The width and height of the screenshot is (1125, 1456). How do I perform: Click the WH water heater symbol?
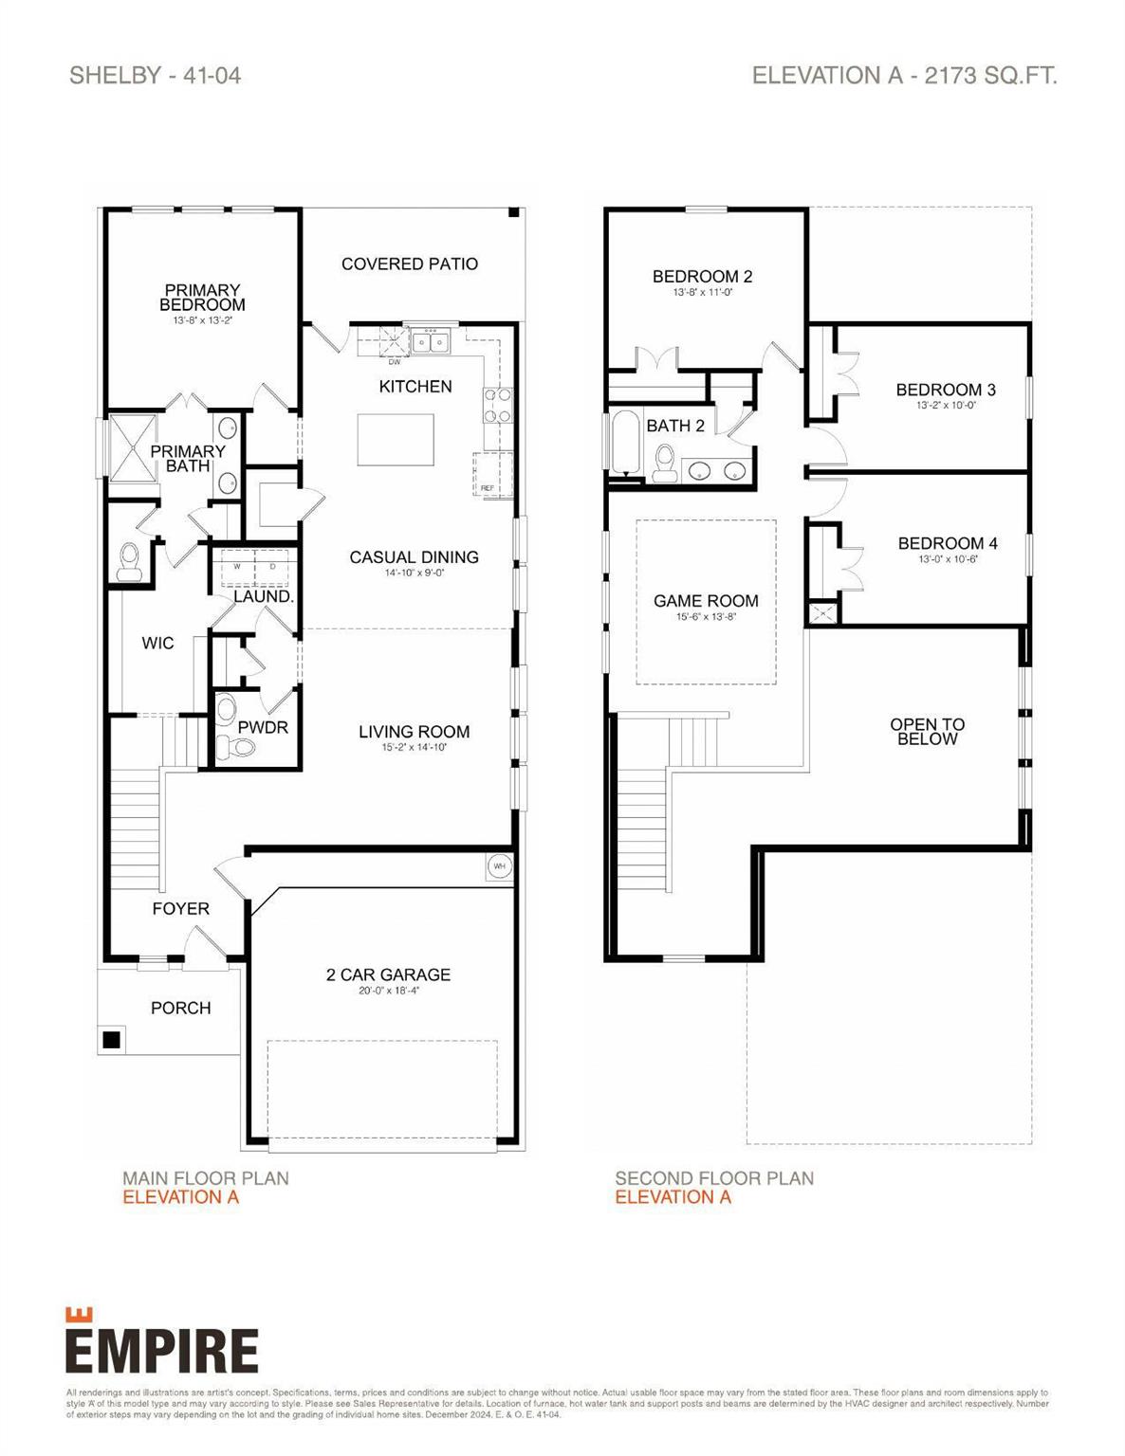tap(499, 865)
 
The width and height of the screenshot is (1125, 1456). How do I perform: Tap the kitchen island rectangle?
tap(395, 440)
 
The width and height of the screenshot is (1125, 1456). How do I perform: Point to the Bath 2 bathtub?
tap(624, 442)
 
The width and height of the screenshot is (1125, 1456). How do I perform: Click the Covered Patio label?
tap(409, 264)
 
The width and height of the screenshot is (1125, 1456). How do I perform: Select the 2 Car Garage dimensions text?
tap(389, 991)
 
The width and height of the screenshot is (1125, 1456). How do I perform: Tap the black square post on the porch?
tap(111, 1039)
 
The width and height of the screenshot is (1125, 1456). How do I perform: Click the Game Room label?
tap(706, 601)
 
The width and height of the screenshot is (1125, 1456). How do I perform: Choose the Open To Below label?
tap(927, 731)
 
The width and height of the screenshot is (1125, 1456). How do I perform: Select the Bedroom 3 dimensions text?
tap(946, 405)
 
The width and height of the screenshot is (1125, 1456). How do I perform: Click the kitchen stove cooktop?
tap(498, 405)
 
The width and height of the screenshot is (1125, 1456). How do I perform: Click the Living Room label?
tap(414, 732)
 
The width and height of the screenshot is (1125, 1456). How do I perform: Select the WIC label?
tap(157, 643)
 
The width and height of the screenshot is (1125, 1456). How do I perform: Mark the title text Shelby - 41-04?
tap(155, 76)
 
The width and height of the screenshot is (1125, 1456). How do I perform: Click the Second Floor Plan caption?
tap(713, 1178)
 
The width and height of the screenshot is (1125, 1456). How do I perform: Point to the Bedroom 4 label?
tap(947, 543)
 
